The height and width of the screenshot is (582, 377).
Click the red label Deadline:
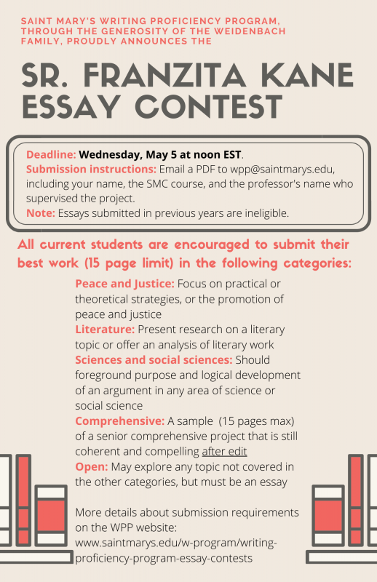50,154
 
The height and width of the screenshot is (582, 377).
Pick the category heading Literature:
105,329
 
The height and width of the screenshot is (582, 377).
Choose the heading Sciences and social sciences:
154,359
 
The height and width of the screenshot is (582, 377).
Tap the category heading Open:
90,467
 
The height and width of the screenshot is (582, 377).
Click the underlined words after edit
224,451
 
